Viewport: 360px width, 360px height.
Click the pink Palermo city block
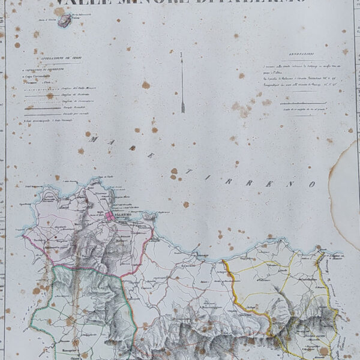point(110,217)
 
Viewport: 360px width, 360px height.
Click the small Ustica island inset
point(64,22)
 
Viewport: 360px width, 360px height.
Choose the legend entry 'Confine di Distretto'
point(75,94)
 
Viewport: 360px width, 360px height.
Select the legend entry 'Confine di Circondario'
point(77,100)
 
